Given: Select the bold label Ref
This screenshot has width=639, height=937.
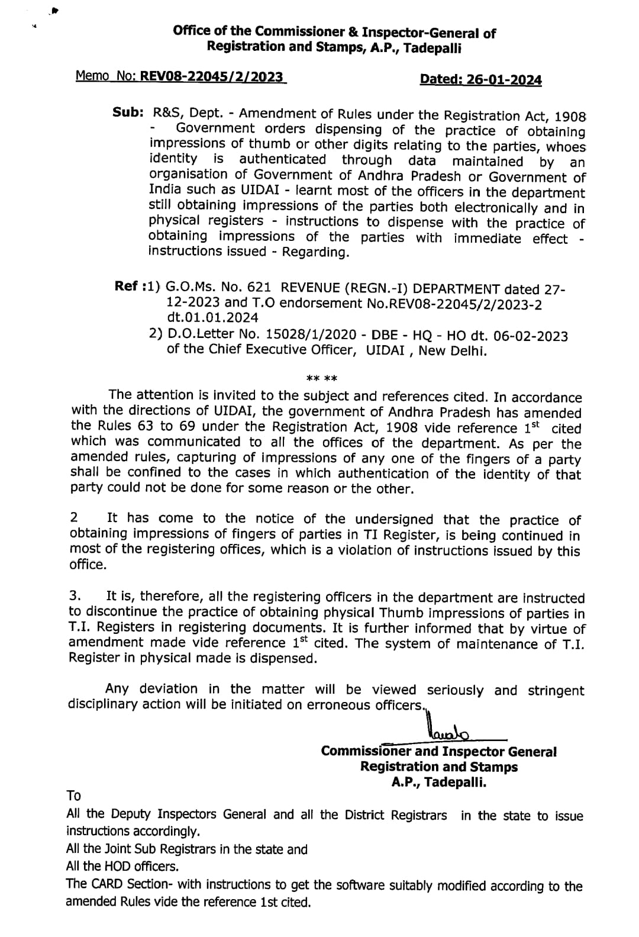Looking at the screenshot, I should (x=127, y=286).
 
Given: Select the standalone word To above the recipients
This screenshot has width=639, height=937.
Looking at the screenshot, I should (x=74, y=795).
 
